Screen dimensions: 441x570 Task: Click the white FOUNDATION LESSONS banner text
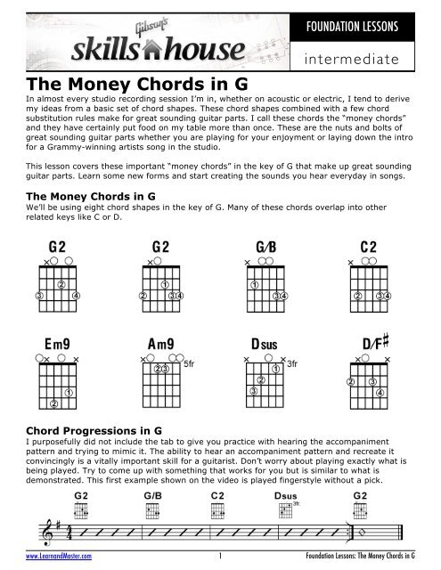coord(371,24)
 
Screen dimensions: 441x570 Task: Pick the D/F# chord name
coord(377,344)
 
